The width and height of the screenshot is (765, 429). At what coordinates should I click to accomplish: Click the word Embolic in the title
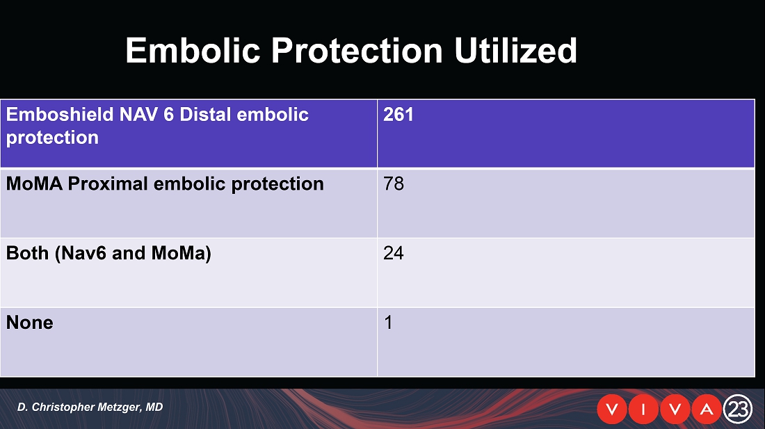pyautogui.click(x=193, y=50)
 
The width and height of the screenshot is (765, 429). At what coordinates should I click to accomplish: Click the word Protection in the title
pyautogui.click(x=357, y=50)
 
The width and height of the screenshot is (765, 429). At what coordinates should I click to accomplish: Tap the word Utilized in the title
pyautogui.click(x=516, y=50)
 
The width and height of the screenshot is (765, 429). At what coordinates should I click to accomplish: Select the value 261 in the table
pyautogui.click(x=398, y=115)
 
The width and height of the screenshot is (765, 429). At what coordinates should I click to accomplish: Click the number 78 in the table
pyautogui.click(x=394, y=184)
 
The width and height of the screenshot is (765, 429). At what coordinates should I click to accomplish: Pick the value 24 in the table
pyautogui.click(x=394, y=253)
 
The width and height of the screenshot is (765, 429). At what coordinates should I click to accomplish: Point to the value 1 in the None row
pyautogui.click(x=388, y=322)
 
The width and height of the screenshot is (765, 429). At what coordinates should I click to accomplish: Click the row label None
pyautogui.click(x=30, y=322)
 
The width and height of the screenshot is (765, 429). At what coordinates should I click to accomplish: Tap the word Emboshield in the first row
pyautogui.click(x=60, y=115)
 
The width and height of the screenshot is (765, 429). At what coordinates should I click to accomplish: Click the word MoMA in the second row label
pyautogui.click(x=34, y=184)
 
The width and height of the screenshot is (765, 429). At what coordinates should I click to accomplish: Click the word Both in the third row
pyautogui.click(x=27, y=253)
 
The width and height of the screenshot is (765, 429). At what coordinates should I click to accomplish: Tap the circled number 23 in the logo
pyautogui.click(x=738, y=409)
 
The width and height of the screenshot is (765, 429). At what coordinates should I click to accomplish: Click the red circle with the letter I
pyautogui.click(x=643, y=409)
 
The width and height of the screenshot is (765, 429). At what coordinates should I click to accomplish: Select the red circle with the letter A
pyautogui.click(x=707, y=409)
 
